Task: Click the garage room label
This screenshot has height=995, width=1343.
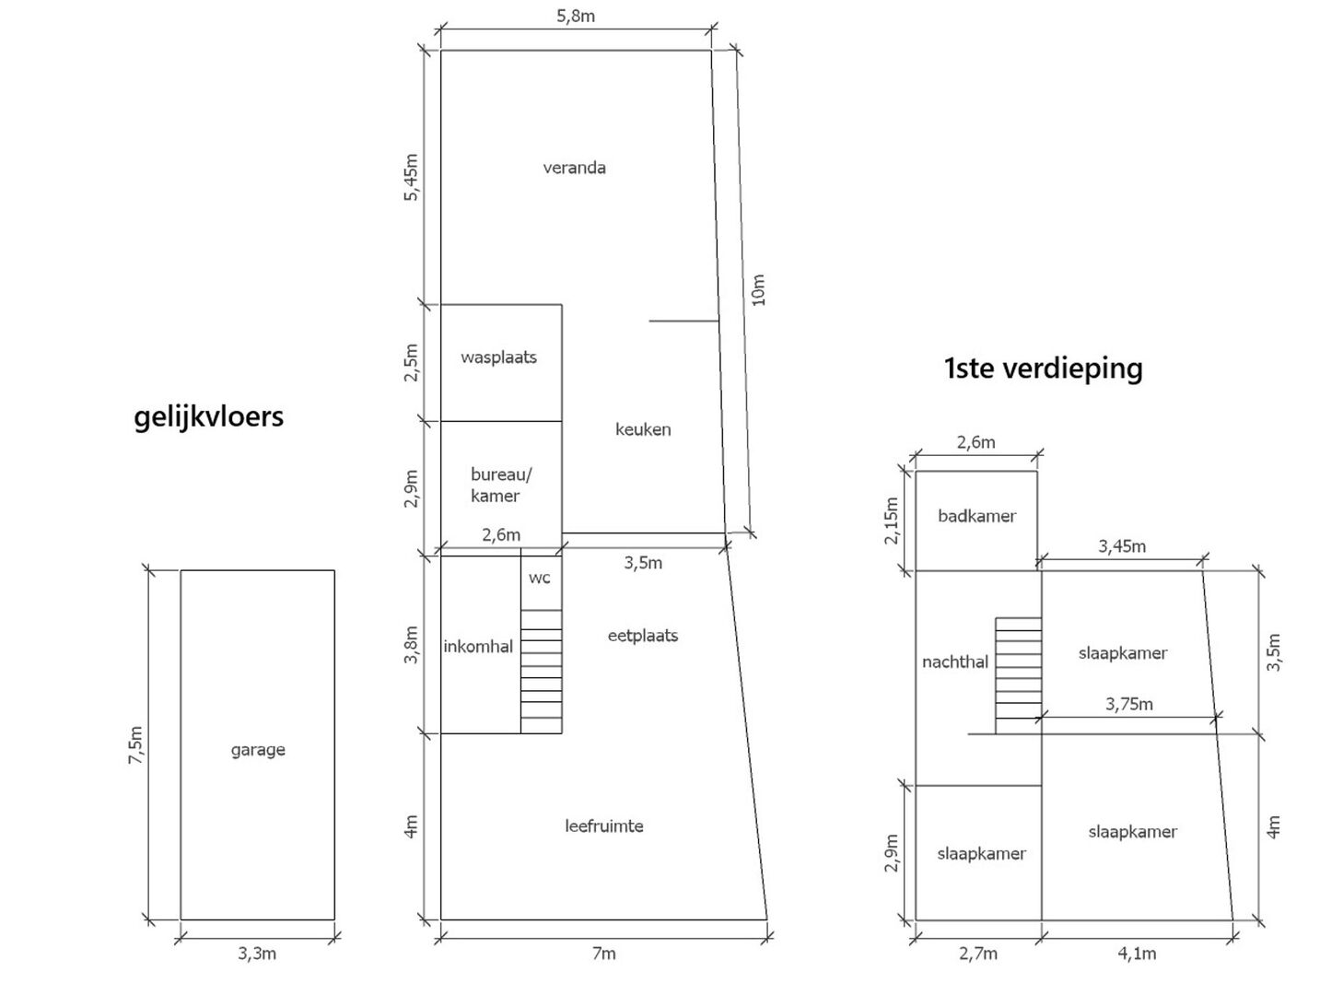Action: [258, 750]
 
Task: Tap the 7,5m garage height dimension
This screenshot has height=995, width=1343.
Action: [136, 744]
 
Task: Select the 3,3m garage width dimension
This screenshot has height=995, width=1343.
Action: [257, 954]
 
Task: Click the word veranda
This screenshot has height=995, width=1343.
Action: [574, 168]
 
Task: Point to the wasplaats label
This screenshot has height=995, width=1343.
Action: [498, 357]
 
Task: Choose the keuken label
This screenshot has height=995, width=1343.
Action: [643, 429]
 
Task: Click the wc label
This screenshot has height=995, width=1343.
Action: [540, 578]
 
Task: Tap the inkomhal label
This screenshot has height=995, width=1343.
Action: [478, 647]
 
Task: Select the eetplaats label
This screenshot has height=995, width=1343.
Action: [643, 636]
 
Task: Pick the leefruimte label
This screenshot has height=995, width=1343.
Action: [604, 826]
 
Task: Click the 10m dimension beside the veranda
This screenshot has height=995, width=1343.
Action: [758, 289]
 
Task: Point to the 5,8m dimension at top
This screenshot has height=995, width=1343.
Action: [576, 16]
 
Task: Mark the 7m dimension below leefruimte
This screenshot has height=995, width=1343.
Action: [603, 954]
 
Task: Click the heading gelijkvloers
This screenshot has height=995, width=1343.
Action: [209, 416]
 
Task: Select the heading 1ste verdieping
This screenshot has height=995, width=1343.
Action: [1044, 369]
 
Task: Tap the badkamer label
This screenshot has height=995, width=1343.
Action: [976, 516]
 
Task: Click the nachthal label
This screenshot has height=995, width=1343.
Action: [955, 661]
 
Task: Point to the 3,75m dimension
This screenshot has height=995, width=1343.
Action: [1129, 705]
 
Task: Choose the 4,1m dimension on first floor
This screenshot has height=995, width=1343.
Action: [1137, 954]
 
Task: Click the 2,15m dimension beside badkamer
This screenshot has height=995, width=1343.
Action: [891, 521]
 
